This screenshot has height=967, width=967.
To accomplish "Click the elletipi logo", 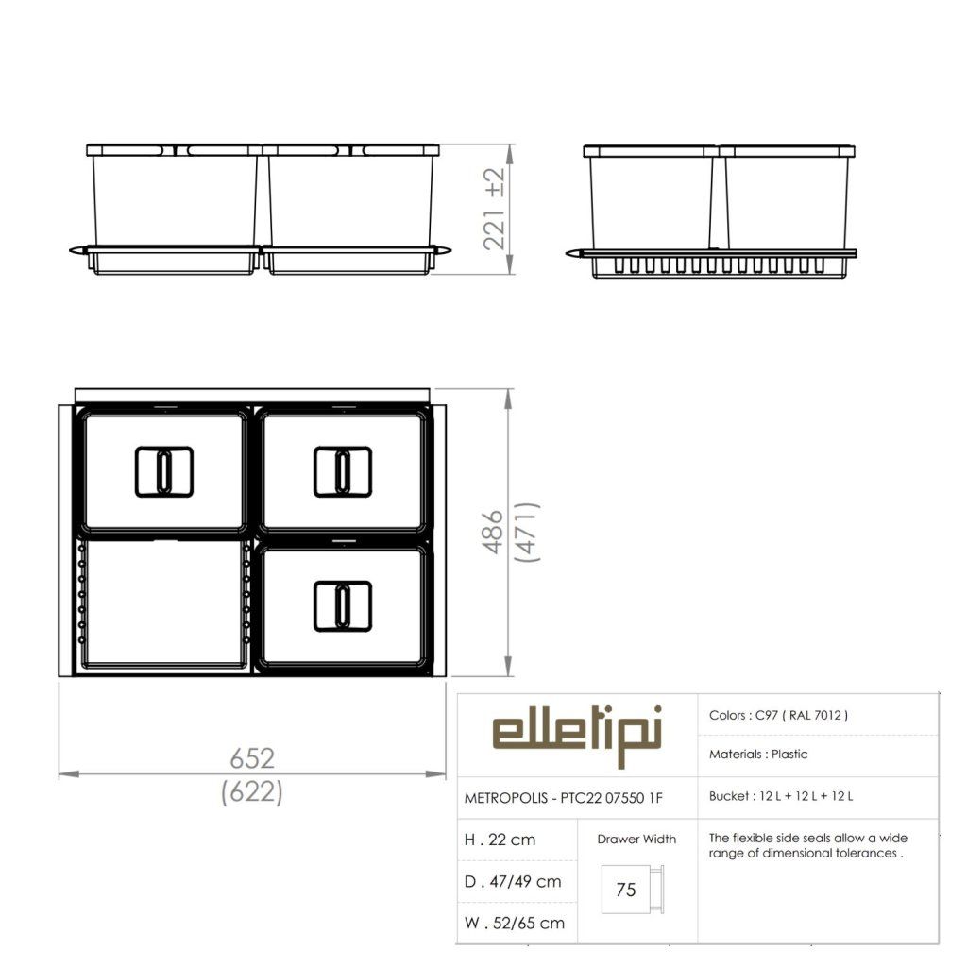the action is tap(577, 735).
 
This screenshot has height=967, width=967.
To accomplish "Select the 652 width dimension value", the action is tap(251, 758).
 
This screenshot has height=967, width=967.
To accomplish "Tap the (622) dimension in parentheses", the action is tap(251, 792).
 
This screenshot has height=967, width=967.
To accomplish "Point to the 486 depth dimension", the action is tap(493, 533).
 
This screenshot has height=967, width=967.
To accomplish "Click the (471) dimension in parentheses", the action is tap(527, 533).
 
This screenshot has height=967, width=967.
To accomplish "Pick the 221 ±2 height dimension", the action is tap(495, 209).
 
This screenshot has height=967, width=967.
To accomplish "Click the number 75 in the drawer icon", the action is tap(625, 890).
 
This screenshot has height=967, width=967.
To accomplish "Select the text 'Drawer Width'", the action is tap(636, 839).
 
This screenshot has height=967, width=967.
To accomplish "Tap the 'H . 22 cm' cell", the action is tap(500, 840).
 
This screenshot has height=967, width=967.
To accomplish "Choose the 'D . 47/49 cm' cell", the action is tap(513, 881).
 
